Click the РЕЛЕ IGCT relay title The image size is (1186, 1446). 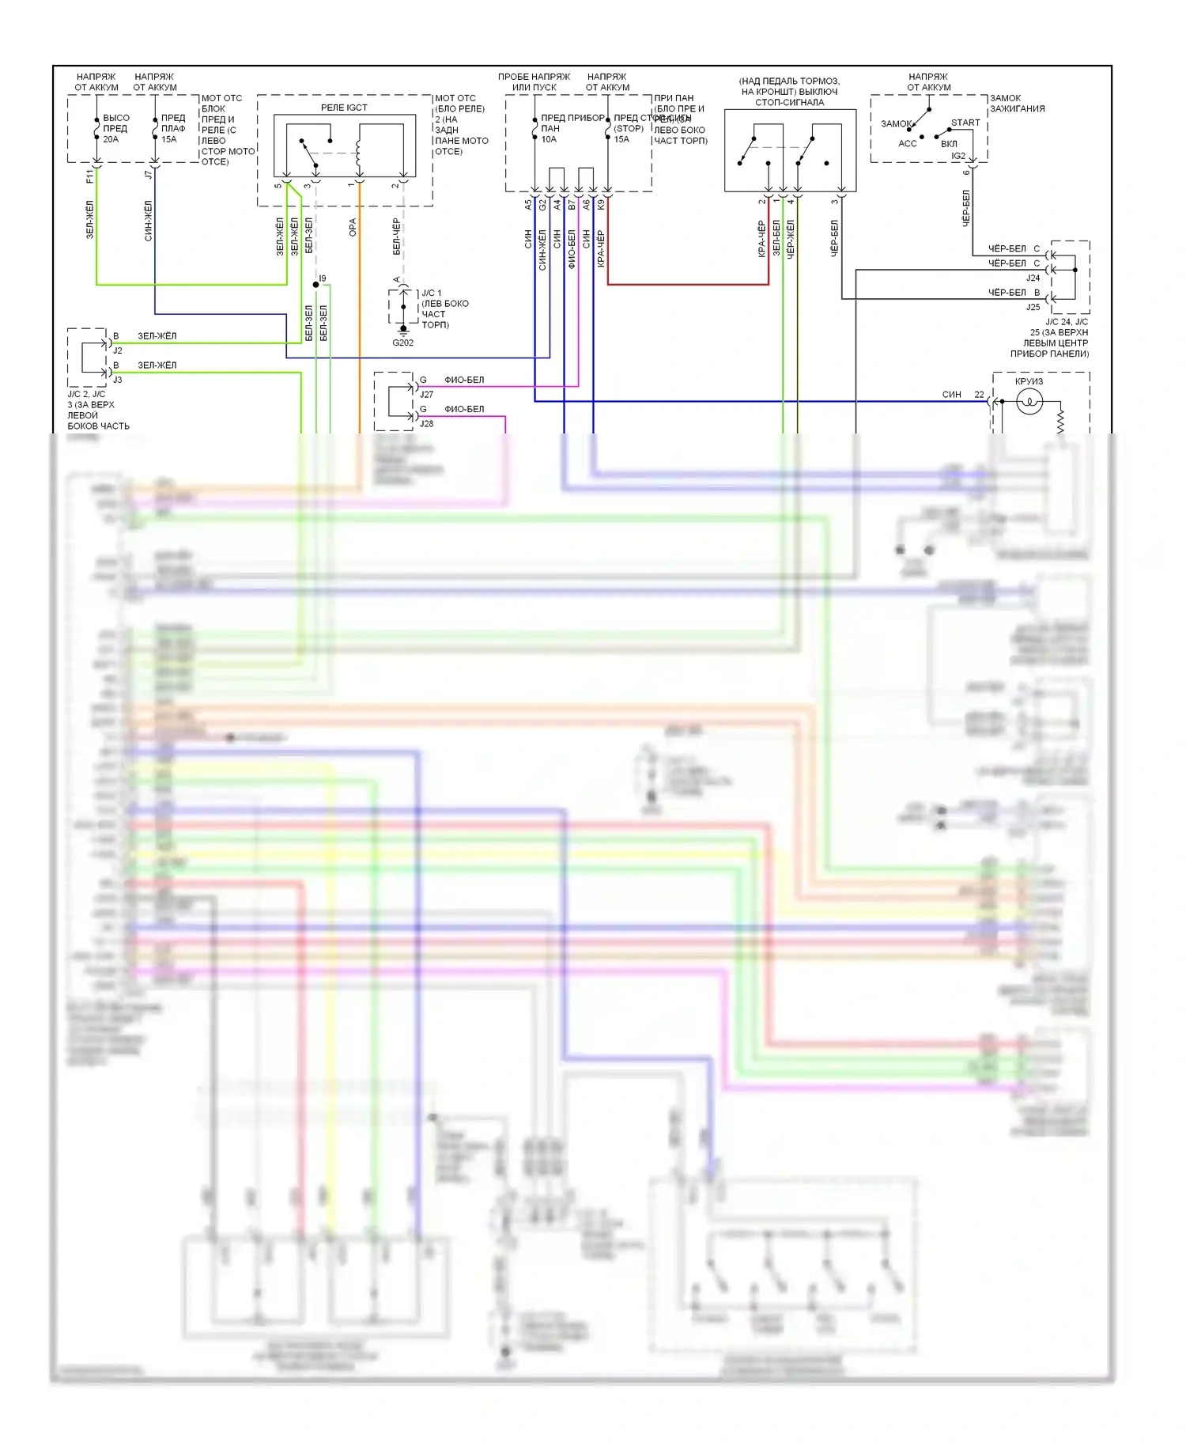click(344, 108)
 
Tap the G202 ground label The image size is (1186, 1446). click(402, 343)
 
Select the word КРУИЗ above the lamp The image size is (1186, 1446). click(1029, 381)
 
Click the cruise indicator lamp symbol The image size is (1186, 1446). click(1029, 402)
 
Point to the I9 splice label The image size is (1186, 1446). click(323, 278)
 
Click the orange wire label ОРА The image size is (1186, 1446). click(353, 228)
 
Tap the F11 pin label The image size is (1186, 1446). click(89, 175)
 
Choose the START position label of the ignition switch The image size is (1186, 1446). click(965, 123)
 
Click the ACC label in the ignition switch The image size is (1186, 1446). click(908, 143)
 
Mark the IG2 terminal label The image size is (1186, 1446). click(958, 156)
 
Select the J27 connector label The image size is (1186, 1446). click(426, 394)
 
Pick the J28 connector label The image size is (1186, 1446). click(426, 423)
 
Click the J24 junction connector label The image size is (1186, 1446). click(1033, 278)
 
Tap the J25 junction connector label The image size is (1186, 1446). click(1033, 307)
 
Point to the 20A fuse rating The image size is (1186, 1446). click(111, 139)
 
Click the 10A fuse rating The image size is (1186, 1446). click(549, 139)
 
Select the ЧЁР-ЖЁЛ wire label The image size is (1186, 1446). click(791, 239)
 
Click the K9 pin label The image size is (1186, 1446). click(601, 204)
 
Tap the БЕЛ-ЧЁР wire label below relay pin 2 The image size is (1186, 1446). click(396, 237)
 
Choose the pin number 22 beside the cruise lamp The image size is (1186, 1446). click(979, 394)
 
